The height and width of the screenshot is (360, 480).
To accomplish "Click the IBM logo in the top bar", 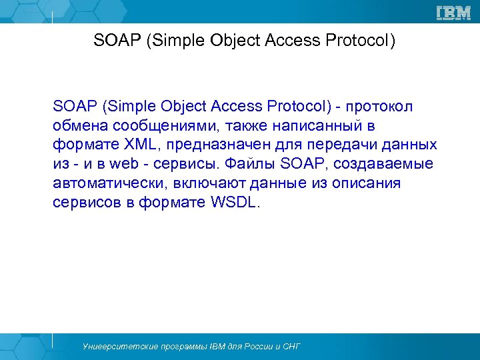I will pos(453,12).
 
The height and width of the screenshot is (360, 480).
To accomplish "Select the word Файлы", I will pos(248,165).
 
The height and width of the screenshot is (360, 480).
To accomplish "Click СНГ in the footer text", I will pos(292,347).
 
